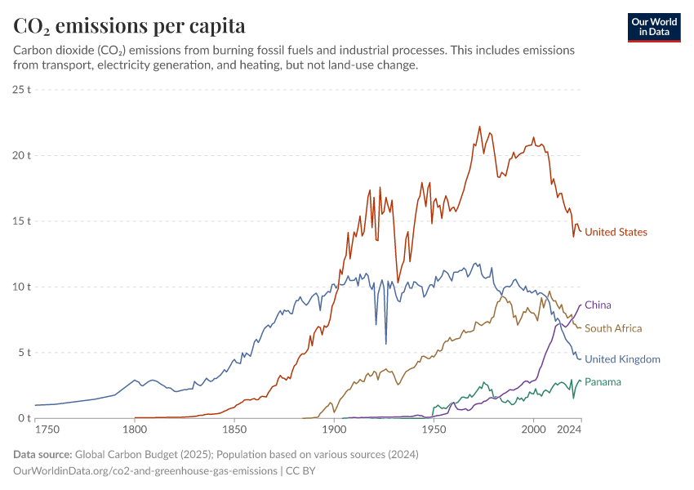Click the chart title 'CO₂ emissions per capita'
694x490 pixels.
[x=129, y=26]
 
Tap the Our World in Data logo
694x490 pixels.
[x=653, y=27]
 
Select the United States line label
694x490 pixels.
[x=616, y=233]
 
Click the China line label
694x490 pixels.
[x=598, y=305]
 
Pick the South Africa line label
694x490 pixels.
[x=613, y=328]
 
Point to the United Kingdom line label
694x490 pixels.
[x=622, y=359]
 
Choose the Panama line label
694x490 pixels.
[x=603, y=382]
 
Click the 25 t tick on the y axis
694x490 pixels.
[x=22, y=89]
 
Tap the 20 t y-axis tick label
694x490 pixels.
[x=22, y=155]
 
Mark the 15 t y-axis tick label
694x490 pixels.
[x=22, y=221]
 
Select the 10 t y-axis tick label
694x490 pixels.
[x=22, y=287]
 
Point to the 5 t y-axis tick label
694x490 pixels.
[x=24, y=353]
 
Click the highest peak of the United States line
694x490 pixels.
[x=479, y=127]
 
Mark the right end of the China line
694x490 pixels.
[x=581, y=305]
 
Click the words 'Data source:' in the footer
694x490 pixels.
[x=41, y=454]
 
